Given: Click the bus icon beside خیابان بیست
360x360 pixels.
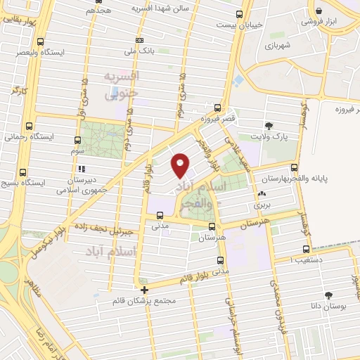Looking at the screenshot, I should pos(240,14).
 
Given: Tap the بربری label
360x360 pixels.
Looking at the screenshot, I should pos(262,205).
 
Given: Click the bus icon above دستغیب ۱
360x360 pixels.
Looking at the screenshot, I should pos(306,249).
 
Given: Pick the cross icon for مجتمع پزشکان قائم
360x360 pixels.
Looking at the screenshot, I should pos(144,290).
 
